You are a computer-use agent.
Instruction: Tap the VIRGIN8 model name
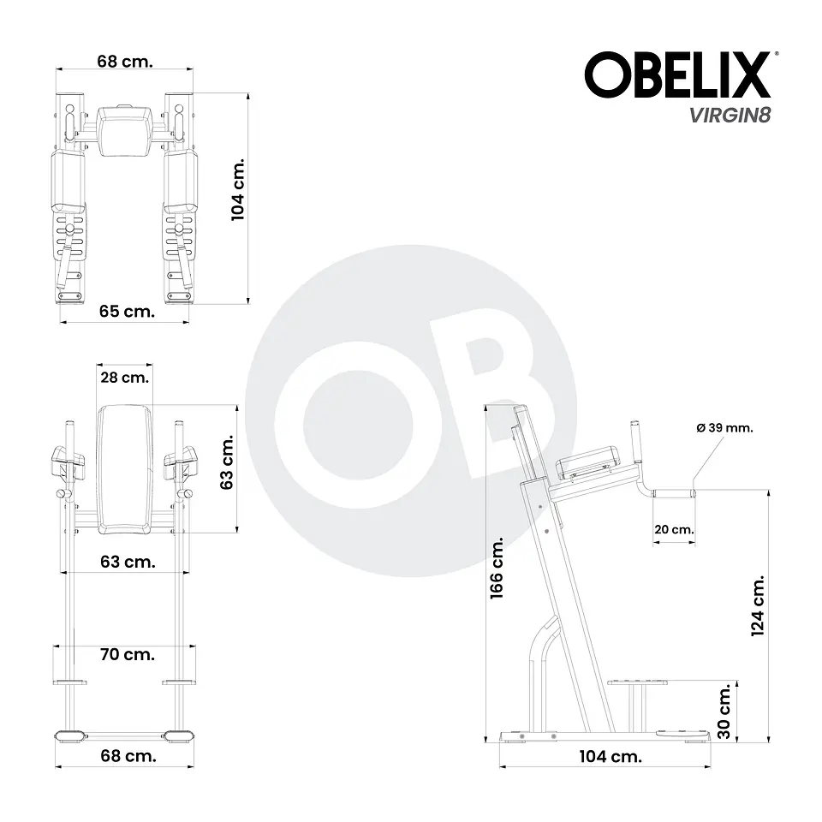[730, 116]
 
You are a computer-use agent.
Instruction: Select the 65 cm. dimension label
[127, 312]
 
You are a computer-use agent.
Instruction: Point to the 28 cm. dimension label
[124, 377]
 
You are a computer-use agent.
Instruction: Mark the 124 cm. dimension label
[757, 605]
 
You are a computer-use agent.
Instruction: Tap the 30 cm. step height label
[724, 711]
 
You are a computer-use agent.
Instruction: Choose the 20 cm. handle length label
[673, 530]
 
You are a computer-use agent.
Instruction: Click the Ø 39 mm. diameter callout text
[724, 428]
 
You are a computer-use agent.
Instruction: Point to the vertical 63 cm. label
[227, 467]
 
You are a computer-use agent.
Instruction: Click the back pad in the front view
[125, 467]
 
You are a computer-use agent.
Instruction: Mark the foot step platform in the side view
[638, 682]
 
